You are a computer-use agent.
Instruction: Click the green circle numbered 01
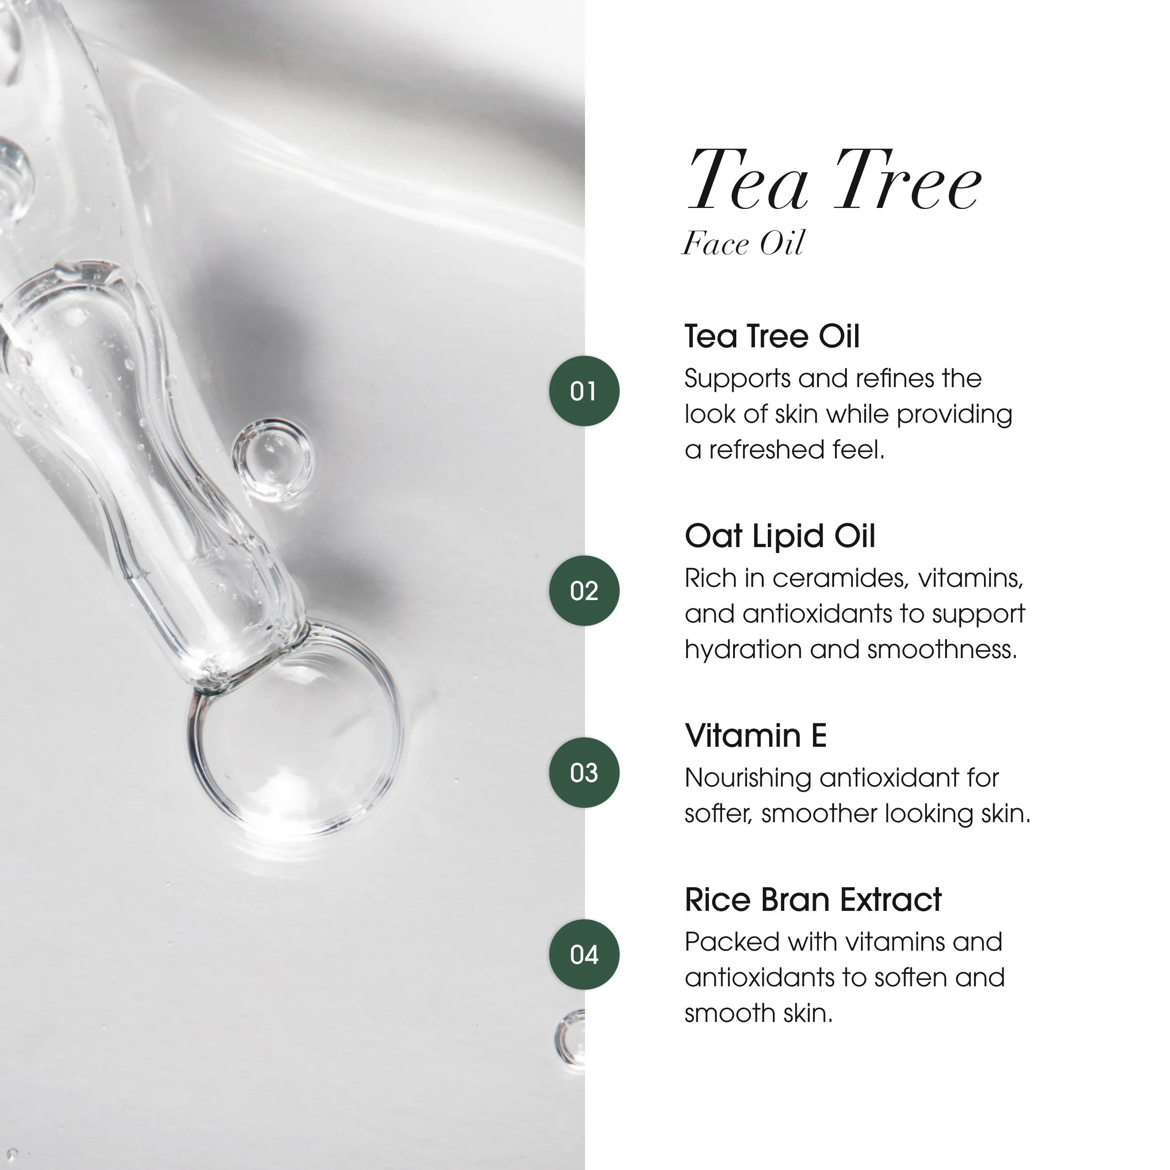tap(584, 391)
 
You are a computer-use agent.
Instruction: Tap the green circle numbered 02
tap(584, 590)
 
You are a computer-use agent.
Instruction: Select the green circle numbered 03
tap(584, 772)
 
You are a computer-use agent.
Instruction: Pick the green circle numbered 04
tap(584, 954)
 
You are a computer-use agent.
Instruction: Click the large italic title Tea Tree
tap(834, 181)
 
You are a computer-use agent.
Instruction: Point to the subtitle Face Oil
tap(743, 244)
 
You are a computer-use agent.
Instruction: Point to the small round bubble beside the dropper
tap(272, 458)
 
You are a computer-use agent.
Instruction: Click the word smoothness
tap(942, 650)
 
